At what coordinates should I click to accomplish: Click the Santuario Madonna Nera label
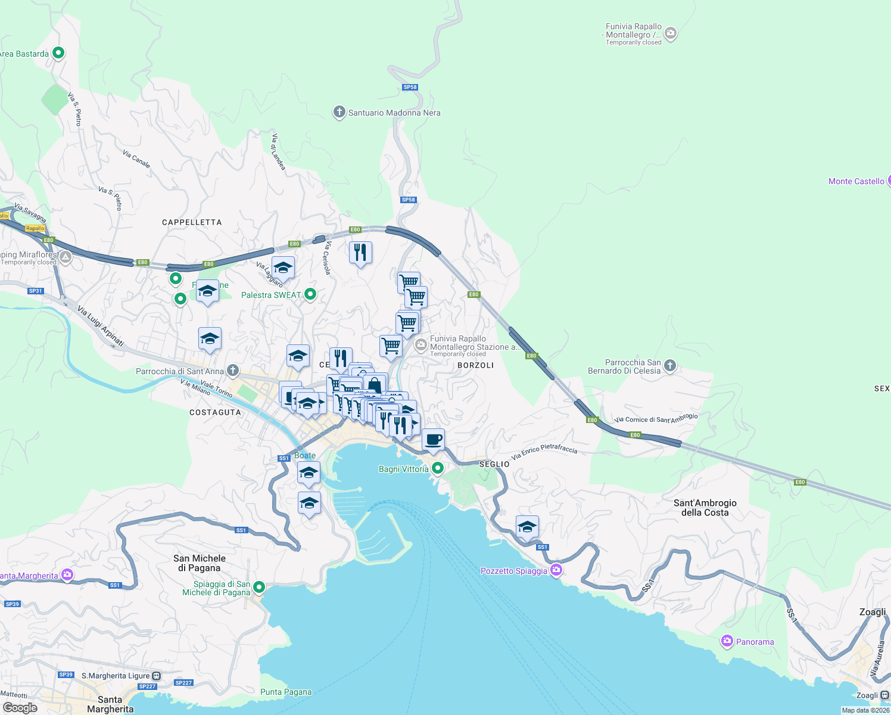tap(394, 113)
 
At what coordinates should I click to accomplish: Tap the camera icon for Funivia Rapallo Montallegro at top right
tap(671, 33)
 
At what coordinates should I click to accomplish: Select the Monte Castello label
tap(856, 181)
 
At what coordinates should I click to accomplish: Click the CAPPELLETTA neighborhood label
tap(192, 222)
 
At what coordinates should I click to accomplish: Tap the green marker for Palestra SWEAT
tap(310, 294)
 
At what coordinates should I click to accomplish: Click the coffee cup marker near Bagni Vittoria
tap(434, 440)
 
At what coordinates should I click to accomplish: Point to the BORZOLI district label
tap(475, 365)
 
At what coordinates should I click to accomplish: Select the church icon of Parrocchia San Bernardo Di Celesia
tap(670, 366)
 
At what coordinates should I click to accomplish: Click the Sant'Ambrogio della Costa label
tap(705, 508)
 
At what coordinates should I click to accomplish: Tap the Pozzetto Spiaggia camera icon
tap(556, 570)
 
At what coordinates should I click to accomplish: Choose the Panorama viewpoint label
tap(755, 642)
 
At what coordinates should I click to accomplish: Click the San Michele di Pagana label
tap(200, 563)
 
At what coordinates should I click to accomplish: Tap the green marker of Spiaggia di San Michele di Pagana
tap(259, 587)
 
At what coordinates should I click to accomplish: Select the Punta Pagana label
tap(286, 692)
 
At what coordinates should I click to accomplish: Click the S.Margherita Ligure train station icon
tap(157, 676)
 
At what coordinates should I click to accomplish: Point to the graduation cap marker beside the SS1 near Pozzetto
tap(527, 527)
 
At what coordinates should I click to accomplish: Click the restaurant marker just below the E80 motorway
tap(360, 253)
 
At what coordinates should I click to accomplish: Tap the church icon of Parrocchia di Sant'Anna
tap(233, 371)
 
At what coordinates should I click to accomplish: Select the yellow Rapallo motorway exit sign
tap(35, 228)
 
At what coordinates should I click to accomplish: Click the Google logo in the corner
tap(20, 707)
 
